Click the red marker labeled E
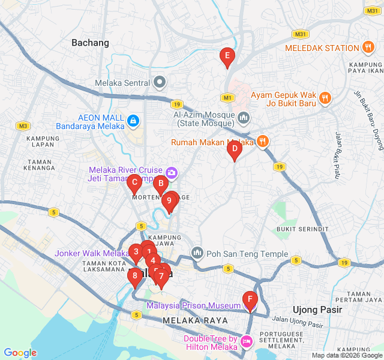[227, 57]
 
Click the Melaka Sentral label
[122, 83]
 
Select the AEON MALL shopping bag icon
[133, 122]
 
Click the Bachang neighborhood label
[90, 43]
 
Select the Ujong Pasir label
[317, 310]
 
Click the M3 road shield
[23, 125]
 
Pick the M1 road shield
[227, 97]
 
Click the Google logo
[20, 353]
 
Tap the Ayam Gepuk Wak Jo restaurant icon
[325, 97]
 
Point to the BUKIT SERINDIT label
[302, 229]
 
